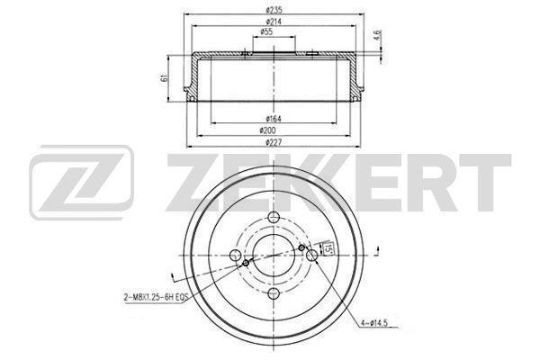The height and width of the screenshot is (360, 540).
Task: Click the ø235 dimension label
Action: [x=274, y=10]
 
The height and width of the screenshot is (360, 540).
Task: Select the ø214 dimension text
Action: [x=274, y=22]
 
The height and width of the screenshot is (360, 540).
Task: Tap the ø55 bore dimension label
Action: [x=267, y=32]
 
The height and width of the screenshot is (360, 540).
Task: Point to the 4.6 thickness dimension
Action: [x=378, y=35]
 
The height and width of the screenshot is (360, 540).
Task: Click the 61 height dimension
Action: [x=165, y=77]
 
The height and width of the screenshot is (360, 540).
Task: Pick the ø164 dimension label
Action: [x=274, y=119]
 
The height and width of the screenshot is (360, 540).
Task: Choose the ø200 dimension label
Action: [x=267, y=130]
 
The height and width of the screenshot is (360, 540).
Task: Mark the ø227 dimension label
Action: [x=274, y=142]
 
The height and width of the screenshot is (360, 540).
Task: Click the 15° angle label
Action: [x=328, y=248]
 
